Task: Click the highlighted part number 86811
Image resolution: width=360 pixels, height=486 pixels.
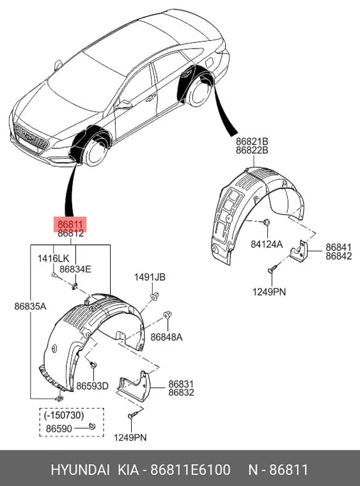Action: (70, 224)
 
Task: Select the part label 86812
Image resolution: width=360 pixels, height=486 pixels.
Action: (70, 233)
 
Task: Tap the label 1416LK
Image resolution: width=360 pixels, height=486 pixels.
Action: (53, 258)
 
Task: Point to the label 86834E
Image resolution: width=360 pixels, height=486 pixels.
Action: (75, 269)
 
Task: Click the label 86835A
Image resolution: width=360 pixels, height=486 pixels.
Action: (30, 306)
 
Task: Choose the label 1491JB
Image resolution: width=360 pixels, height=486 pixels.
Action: (150, 277)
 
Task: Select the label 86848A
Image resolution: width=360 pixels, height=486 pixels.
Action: (166, 337)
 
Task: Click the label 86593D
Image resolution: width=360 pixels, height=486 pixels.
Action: (92, 386)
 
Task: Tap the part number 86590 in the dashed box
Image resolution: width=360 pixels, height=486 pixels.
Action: (59, 428)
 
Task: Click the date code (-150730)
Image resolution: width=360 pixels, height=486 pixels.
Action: (64, 415)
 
